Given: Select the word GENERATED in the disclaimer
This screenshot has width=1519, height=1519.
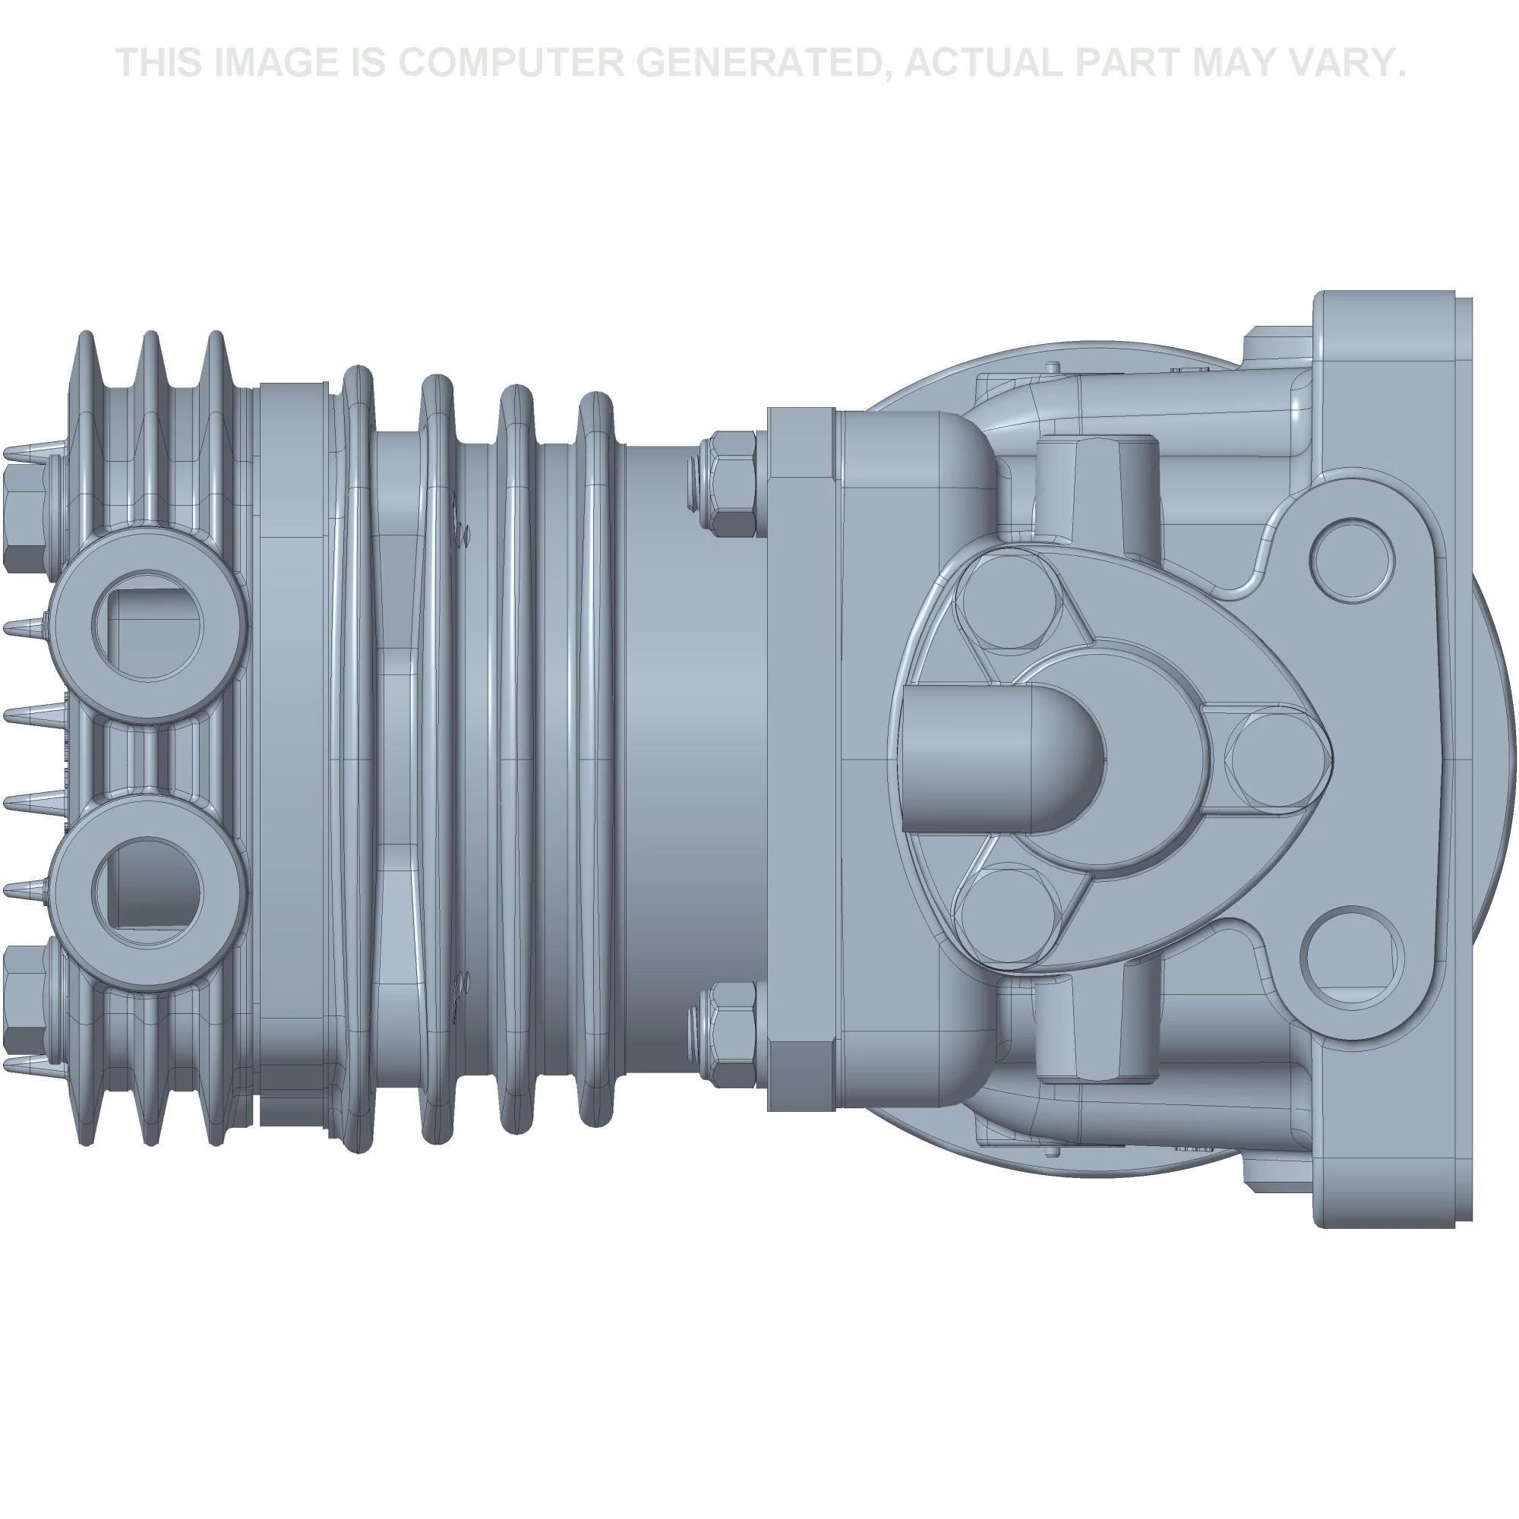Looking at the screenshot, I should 760,63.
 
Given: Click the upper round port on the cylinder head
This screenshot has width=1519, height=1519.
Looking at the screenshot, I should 148,627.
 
